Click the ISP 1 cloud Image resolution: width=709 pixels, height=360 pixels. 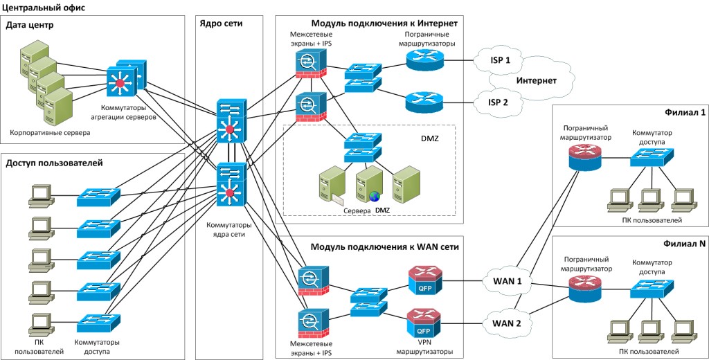(x=499, y=61)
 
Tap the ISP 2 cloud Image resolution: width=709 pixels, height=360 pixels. (x=499, y=102)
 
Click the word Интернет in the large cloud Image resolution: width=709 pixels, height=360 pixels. (x=537, y=81)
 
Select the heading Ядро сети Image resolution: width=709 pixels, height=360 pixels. (x=221, y=23)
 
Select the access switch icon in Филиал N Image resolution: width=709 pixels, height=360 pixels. (x=647, y=288)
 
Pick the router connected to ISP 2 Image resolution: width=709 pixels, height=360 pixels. (x=422, y=102)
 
